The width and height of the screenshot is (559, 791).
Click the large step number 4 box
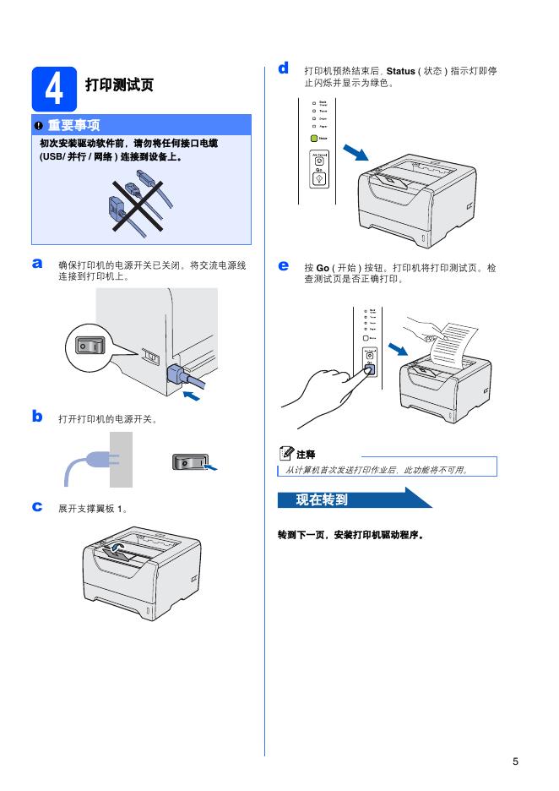pyautogui.click(x=53, y=88)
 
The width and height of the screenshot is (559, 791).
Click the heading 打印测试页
pyautogui.click(x=119, y=86)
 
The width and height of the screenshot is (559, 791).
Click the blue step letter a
pyautogui.click(x=37, y=265)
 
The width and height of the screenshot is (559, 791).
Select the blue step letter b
pyautogui.click(x=37, y=416)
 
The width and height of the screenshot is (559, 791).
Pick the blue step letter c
pyautogui.click(x=37, y=506)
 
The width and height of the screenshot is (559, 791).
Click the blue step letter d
pyautogui.click(x=284, y=68)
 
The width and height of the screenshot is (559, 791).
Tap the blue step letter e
pyautogui.click(x=284, y=266)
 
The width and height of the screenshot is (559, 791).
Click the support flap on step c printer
pyautogui.click(x=121, y=551)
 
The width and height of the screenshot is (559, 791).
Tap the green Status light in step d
pyautogui.click(x=314, y=137)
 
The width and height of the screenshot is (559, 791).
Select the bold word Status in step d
pyautogui.click(x=400, y=72)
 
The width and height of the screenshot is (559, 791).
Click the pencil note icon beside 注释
pyautogui.click(x=285, y=454)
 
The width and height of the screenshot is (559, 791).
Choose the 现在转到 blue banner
pyautogui.click(x=346, y=499)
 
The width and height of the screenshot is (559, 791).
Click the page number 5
pyautogui.click(x=515, y=761)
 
